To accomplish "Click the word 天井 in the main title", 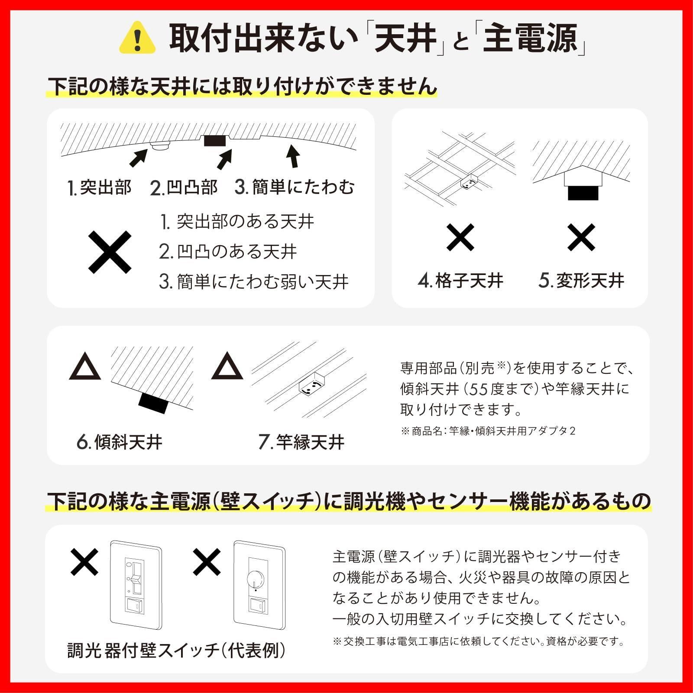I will [405, 39].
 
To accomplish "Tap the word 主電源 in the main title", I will [531, 39].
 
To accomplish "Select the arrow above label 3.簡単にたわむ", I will [294, 156].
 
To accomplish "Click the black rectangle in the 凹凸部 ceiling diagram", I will [215, 141].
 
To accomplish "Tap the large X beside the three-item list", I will [110, 252].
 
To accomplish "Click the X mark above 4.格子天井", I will [460, 237].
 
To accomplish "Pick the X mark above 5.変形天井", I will [581, 237].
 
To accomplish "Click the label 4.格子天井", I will [460, 281].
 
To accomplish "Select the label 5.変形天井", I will [581, 281].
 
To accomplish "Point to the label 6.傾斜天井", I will [119, 442].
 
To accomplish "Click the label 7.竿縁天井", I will [301, 442].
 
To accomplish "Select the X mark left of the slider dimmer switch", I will [84, 562].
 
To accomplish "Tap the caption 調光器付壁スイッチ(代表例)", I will [176, 651].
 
